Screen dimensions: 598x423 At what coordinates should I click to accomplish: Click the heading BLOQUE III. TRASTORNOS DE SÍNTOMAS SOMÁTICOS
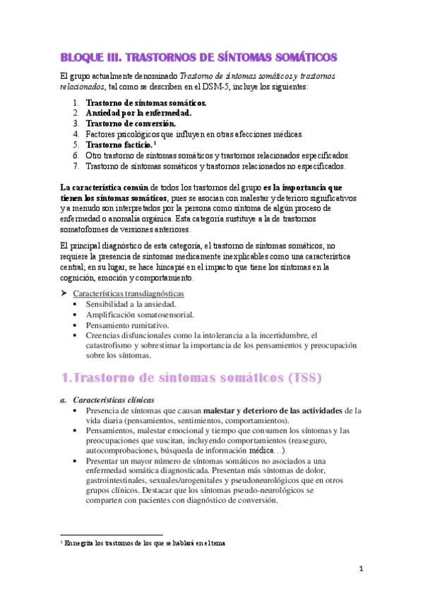198,56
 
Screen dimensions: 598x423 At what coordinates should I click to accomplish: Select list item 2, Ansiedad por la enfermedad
138,113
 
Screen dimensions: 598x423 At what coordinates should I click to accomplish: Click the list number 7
76,166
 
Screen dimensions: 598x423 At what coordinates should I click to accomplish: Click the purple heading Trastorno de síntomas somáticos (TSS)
191,378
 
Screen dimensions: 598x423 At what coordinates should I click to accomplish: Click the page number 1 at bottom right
360,569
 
